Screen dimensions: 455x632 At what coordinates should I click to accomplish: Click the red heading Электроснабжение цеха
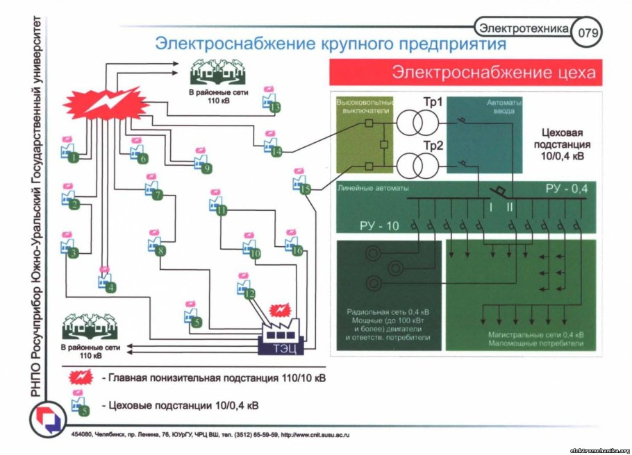tap(465, 72)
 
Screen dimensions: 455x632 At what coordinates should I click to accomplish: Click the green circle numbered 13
tap(275, 108)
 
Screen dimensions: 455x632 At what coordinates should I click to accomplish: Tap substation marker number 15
tap(305, 189)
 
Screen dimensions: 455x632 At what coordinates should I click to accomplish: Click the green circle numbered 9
tap(206, 168)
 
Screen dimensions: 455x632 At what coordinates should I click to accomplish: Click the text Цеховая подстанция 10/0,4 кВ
tap(563, 145)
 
